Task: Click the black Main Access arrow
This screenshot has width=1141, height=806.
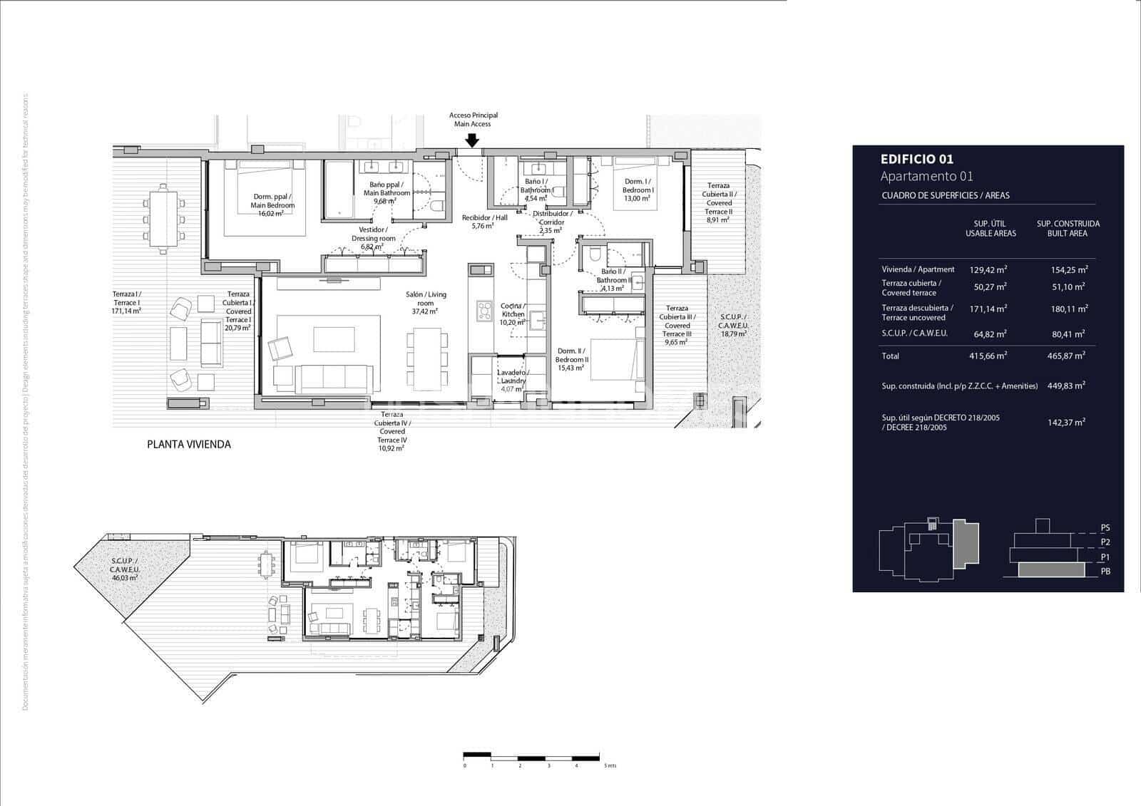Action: click(471, 141)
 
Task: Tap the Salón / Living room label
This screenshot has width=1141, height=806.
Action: click(426, 302)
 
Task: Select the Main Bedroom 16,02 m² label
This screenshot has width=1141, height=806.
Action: click(273, 205)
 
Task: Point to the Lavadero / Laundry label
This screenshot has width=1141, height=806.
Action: click(512, 381)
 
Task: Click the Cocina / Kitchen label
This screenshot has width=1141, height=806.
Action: click(513, 314)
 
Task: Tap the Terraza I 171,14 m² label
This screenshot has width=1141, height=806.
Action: click(126, 302)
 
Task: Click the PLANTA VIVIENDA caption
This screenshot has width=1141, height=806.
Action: click(188, 444)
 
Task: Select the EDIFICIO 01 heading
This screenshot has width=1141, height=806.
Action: click(916, 160)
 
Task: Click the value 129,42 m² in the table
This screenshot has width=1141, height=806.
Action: click(988, 269)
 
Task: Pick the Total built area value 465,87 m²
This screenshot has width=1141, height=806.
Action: click(1068, 356)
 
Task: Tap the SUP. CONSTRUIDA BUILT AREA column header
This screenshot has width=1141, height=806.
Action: click(1068, 228)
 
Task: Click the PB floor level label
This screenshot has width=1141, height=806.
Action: click(1105, 571)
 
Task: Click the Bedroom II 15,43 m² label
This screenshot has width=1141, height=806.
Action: click(573, 355)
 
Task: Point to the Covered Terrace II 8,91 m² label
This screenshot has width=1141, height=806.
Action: click(718, 202)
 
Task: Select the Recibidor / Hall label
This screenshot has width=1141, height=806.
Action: click(484, 222)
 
